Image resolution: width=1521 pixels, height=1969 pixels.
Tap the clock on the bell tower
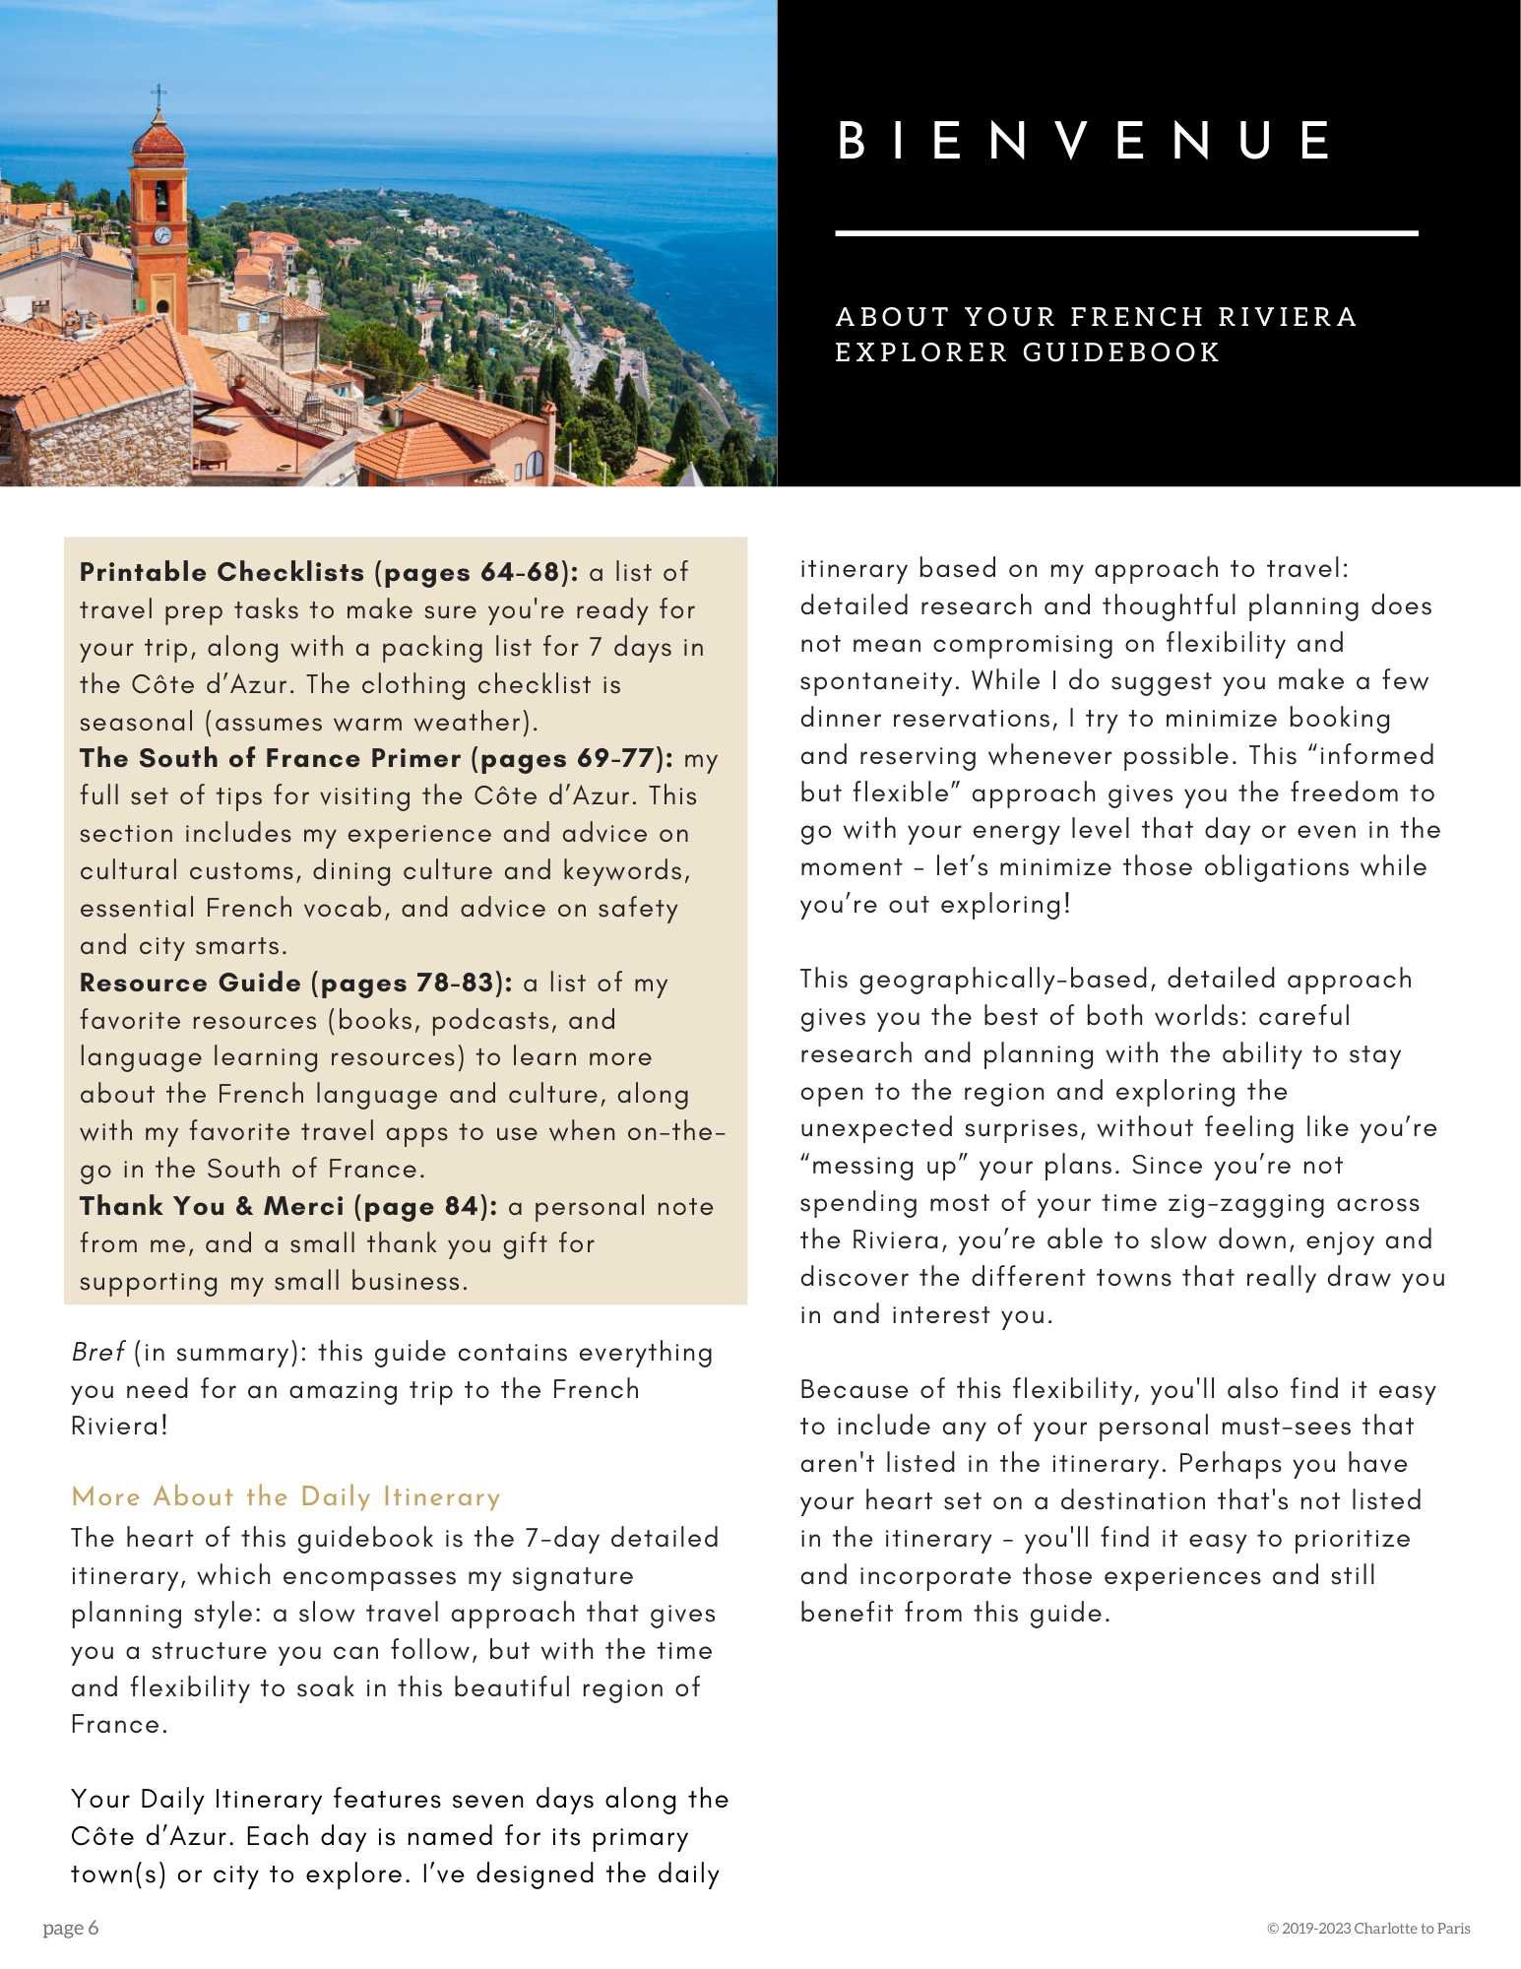pyautogui.click(x=162, y=235)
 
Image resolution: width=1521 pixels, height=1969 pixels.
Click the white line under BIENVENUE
pyautogui.click(x=1125, y=233)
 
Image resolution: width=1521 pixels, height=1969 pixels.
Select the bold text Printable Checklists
pyautogui.click(x=222, y=572)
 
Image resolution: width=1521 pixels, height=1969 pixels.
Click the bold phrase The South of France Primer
pyautogui.click(x=270, y=758)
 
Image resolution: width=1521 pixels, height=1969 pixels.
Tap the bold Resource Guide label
pyautogui.click(x=190, y=983)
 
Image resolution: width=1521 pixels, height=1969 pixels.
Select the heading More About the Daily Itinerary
pyautogui.click(x=285, y=1497)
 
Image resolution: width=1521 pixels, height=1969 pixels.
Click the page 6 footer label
pyautogui.click(x=71, y=1928)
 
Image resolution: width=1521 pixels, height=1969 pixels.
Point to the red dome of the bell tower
pyautogui.click(x=158, y=138)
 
